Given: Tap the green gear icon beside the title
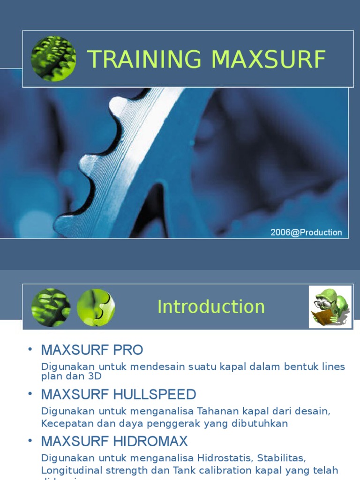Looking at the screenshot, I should pos(53,59).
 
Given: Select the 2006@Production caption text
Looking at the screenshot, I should pos(306,232).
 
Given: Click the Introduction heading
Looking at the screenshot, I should pos(211,307).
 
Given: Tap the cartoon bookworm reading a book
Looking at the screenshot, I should pos(330,307).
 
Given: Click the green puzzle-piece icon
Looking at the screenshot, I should pos(96,307).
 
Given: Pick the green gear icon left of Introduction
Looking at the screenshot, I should pos(51,307).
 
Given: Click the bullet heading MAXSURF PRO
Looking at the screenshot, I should pos(92,350).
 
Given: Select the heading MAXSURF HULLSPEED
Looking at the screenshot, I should pos(119,394).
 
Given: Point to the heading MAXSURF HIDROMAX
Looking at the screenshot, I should pos(114,441).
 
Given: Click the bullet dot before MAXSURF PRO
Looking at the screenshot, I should pos(30,350).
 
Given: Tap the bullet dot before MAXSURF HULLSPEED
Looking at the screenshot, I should pos(30,394).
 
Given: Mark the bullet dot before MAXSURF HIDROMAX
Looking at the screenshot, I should pos(30,441).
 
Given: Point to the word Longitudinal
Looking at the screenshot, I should pos(70,470).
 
